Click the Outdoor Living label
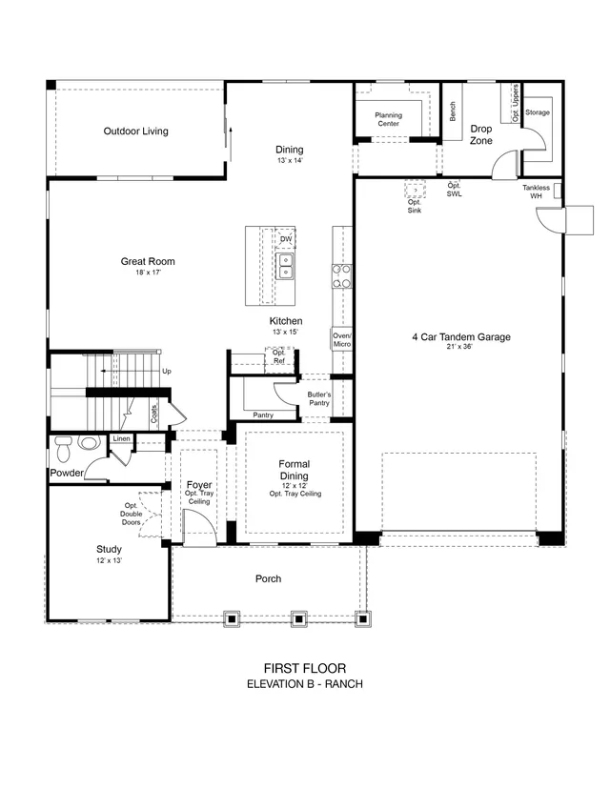pos(136,131)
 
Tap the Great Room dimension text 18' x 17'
pos(148,273)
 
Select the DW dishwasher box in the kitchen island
pos(286,239)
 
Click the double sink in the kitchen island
pos(285,266)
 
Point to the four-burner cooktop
pos(342,276)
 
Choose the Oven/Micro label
pos(342,340)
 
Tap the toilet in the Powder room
pos(64,449)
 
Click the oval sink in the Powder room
pos(89,443)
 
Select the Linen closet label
pos(121,438)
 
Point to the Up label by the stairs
pos(167,372)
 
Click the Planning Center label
pos(389,119)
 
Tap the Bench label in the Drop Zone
pos(453,111)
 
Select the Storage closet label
pos(538,112)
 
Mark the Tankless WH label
pos(536,192)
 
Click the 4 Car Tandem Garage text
pos(461,337)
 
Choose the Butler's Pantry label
pos(319,398)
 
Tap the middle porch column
pos(299,618)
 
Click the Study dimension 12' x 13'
pos(110,560)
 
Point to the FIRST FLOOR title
pos(305,668)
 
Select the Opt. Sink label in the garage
pos(415,207)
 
